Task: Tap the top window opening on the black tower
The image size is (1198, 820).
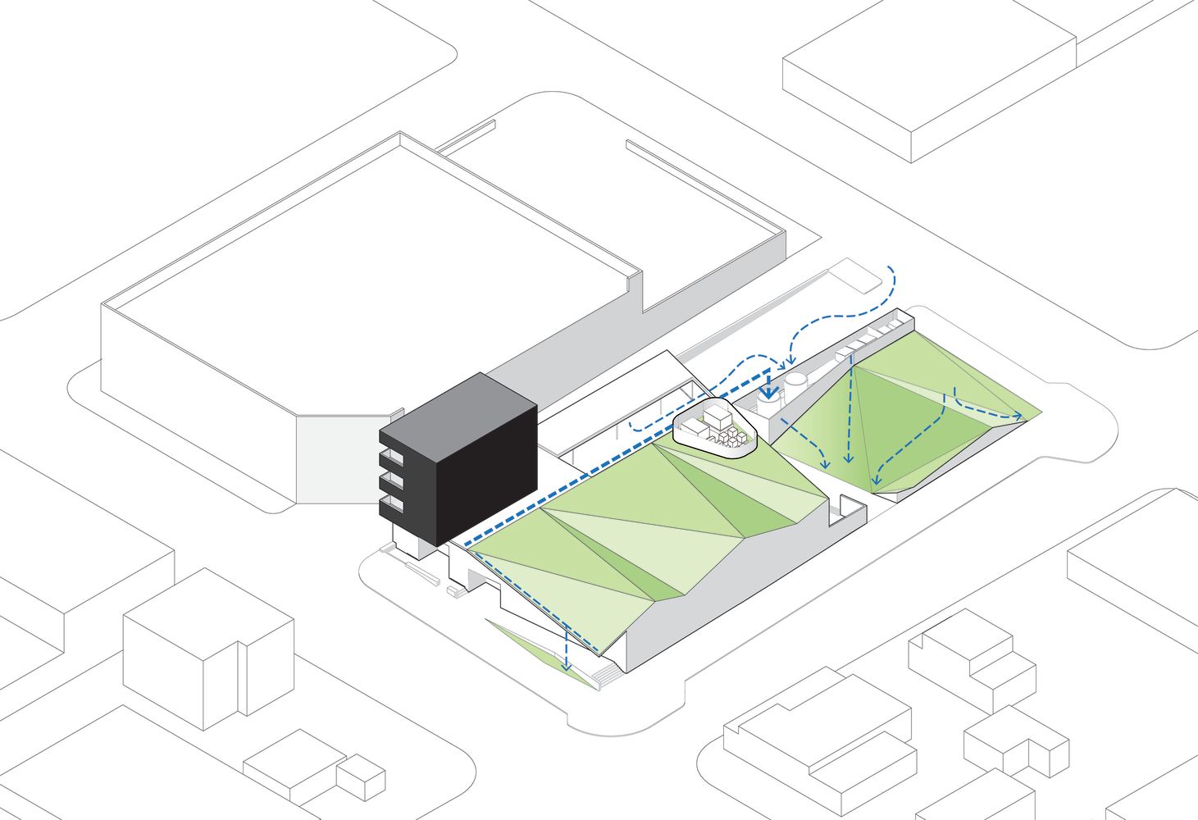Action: pyautogui.click(x=392, y=456)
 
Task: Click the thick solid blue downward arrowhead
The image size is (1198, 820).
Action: pyautogui.click(x=768, y=391)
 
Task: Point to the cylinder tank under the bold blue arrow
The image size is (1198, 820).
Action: pyautogui.click(x=768, y=408)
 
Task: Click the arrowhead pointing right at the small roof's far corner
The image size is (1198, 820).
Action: pyautogui.click(x=1018, y=417)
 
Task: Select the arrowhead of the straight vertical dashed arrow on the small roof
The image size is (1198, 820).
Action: pyautogui.click(x=850, y=459)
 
